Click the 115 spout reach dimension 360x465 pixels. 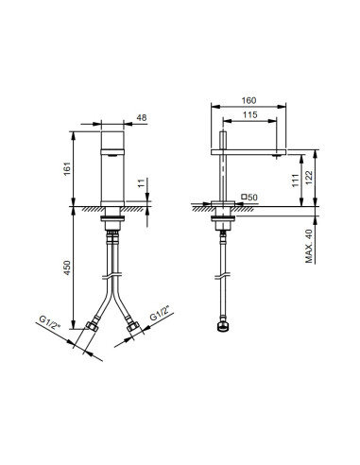click(250, 114)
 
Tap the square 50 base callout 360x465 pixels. click(250, 197)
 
